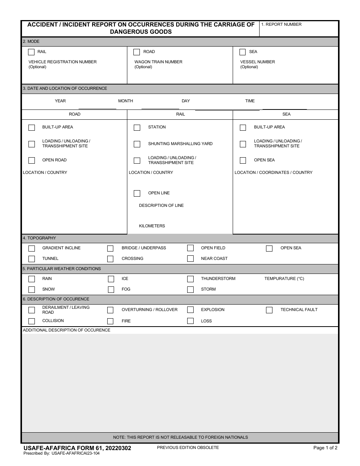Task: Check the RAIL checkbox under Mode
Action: click(x=31, y=52)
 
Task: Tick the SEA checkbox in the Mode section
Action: click(x=243, y=52)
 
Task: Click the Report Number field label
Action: click(x=281, y=24)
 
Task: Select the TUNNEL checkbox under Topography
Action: click(x=32, y=259)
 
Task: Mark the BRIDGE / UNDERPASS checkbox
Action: click(x=110, y=249)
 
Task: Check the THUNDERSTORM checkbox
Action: click(x=190, y=279)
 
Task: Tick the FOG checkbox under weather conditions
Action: click(x=111, y=289)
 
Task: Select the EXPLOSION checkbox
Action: click(x=190, y=310)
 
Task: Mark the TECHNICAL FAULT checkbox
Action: click(x=269, y=310)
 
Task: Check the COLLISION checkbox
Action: click(x=32, y=321)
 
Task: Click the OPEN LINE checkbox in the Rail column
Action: click(x=137, y=193)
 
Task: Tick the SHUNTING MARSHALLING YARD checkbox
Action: click(x=137, y=144)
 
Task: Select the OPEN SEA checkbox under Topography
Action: click(x=269, y=249)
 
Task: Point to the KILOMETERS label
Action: click(x=152, y=226)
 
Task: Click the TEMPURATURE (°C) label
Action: click(x=284, y=278)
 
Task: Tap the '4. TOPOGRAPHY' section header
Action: click(x=39, y=238)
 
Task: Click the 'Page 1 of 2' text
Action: click(x=325, y=447)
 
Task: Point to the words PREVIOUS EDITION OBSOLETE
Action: click(x=188, y=447)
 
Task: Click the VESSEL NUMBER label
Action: click(x=257, y=62)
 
